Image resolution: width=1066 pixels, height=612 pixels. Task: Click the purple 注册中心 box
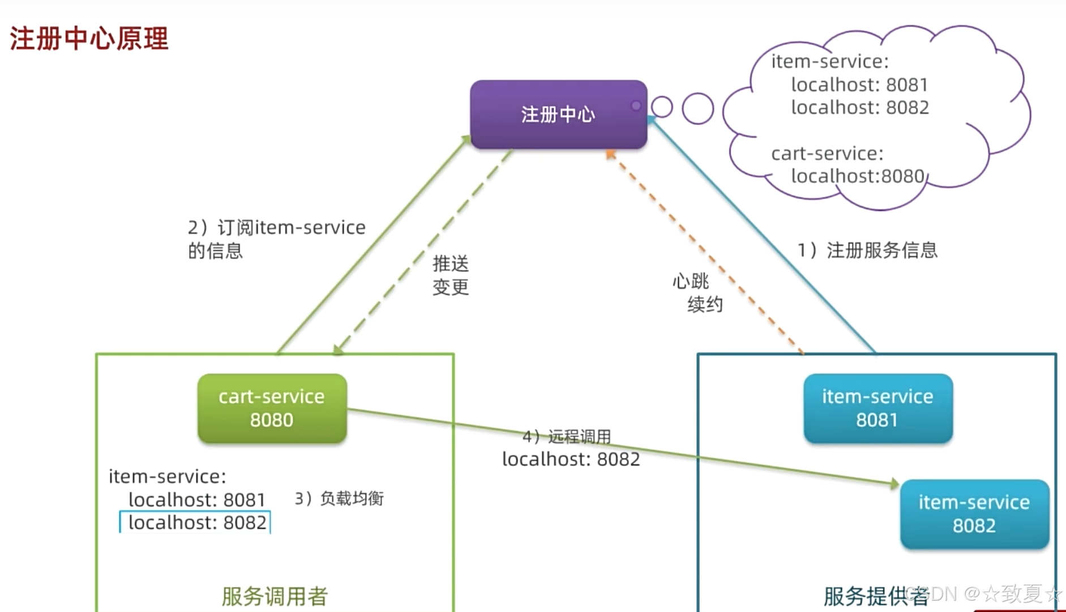[x=558, y=114]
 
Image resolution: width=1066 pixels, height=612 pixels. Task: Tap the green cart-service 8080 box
[x=272, y=408]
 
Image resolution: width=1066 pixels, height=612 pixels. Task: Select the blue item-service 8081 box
[x=877, y=408]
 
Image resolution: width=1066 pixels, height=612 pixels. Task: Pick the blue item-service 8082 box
[x=974, y=514]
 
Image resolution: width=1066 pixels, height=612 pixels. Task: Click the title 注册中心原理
[x=89, y=38]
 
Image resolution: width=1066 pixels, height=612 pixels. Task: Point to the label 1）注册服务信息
[x=867, y=250]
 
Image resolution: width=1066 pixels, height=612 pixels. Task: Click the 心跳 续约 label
[x=697, y=293]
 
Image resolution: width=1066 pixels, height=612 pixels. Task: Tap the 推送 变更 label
[x=451, y=275]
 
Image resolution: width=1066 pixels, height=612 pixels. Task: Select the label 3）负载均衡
[x=339, y=498]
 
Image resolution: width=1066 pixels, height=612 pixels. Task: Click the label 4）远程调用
[x=566, y=436]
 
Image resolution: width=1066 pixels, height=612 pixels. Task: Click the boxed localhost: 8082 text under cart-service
[x=196, y=522]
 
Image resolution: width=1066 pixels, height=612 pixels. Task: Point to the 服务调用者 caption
[x=275, y=596]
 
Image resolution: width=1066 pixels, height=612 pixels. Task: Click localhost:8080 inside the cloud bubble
[x=857, y=176]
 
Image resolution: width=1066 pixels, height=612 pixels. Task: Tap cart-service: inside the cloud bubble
[x=827, y=153]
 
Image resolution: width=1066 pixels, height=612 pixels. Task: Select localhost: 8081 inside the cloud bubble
[x=859, y=84]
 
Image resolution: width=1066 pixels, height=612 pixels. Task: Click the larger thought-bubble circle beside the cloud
[x=697, y=108]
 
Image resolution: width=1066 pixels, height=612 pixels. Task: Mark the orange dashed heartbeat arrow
[x=708, y=255]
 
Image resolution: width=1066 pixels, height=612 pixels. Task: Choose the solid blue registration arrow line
[x=764, y=238]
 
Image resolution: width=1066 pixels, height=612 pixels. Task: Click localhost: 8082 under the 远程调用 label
[x=571, y=459]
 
